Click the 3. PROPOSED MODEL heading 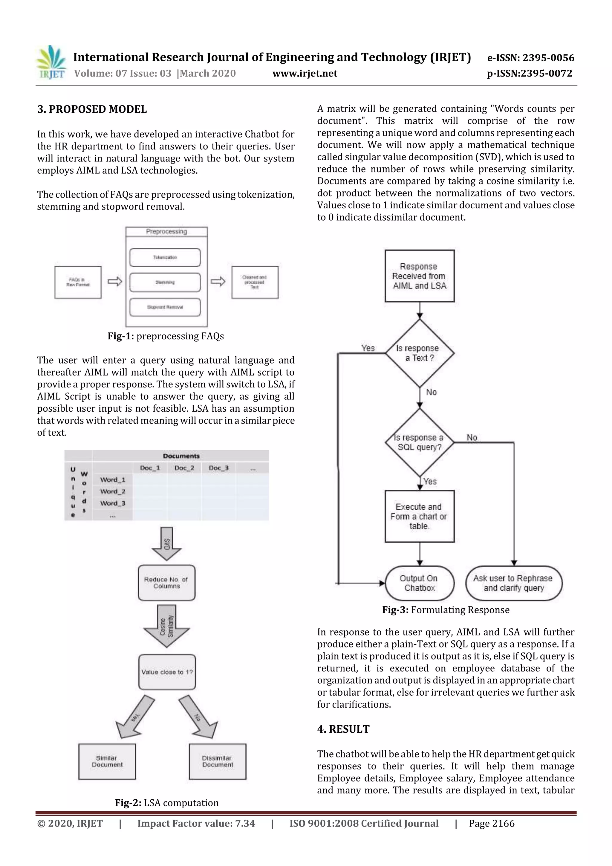click(x=92, y=109)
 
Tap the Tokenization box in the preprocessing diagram click(x=165, y=257)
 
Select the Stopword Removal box click(x=165, y=307)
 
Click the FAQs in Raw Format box click(x=78, y=282)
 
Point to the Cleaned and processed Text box click(x=255, y=282)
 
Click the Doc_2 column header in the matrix click(x=184, y=468)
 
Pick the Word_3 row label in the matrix click(x=112, y=503)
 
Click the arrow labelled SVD click(x=167, y=543)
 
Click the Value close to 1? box click(x=167, y=672)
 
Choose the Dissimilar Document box click(x=217, y=761)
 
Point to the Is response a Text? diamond click(x=419, y=353)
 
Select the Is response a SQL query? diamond click(x=419, y=442)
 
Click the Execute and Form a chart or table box click(x=419, y=516)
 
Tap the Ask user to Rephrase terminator click(x=514, y=583)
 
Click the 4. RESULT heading click(x=343, y=729)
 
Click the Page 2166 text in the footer click(x=491, y=823)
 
